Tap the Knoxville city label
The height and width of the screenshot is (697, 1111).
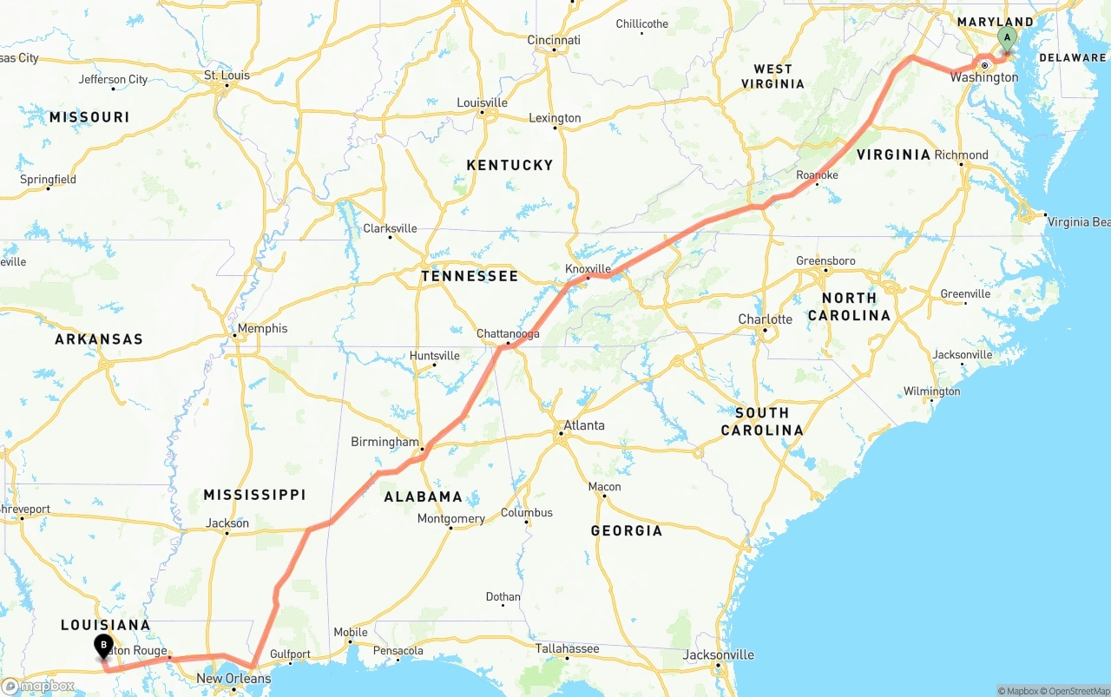(588, 269)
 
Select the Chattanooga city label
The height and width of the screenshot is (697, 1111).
(508, 333)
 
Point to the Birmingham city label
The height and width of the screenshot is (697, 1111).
(385, 442)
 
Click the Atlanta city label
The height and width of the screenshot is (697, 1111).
(584, 425)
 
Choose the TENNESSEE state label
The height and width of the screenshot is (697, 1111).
(470, 276)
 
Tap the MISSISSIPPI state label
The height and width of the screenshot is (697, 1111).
(254, 495)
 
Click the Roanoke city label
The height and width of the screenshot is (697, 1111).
(817, 175)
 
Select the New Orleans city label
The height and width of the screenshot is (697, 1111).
(233, 678)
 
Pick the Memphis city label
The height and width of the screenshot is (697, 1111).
(262, 328)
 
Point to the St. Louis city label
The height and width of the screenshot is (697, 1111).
(227, 76)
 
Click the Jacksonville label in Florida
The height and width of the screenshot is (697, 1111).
(719, 654)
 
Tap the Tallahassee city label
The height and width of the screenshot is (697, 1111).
(567, 648)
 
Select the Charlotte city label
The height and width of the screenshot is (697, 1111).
(765, 319)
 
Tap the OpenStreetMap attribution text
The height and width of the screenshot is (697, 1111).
(1076, 691)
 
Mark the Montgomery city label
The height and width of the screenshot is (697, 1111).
(450, 519)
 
